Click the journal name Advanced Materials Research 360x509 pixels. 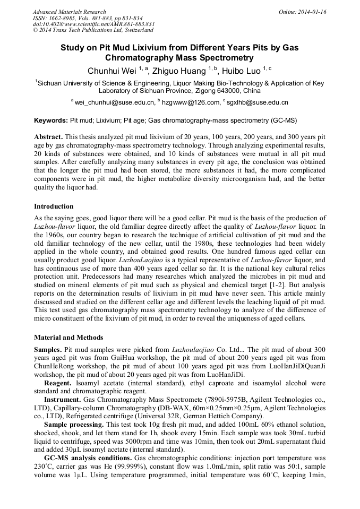(x=69, y=12)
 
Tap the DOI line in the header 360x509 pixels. (x=93, y=24)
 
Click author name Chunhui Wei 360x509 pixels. (x=112, y=70)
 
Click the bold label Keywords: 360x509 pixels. (x=51, y=120)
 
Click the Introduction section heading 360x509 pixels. (x=54, y=206)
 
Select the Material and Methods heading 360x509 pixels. (x=68, y=338)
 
